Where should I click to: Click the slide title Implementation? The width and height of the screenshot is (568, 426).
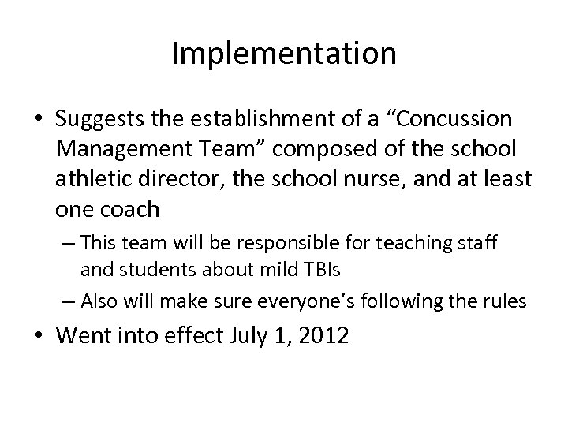coord(284,54)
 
